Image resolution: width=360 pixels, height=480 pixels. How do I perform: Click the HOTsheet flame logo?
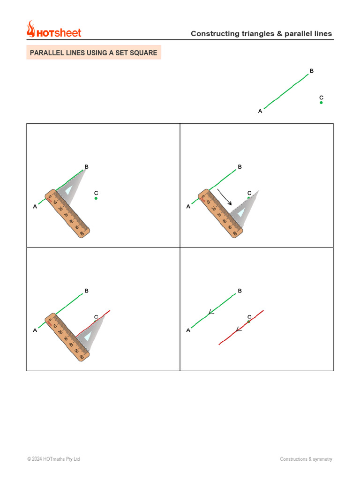pos(31,29)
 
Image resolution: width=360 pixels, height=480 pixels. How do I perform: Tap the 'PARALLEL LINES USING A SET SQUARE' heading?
pos(94,53)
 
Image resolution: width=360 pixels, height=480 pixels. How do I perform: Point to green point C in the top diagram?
pos(321,102)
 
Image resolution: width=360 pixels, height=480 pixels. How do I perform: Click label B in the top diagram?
pos(311,71)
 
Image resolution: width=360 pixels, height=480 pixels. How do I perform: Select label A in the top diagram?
pos(260,111)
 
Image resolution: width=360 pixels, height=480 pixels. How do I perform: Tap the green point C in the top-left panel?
pos(96,198)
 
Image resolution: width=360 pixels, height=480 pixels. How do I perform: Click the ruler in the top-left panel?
pos(68,213)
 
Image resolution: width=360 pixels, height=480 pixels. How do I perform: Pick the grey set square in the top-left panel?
pos(72,187)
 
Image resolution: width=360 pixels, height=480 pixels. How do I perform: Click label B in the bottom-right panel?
pos(240,291)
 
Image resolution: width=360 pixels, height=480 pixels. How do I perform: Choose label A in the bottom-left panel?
pos(35,330)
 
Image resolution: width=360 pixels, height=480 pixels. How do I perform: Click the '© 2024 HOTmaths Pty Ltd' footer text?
pos(53,459)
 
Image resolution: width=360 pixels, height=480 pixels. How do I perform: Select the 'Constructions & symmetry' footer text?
pos(306,459)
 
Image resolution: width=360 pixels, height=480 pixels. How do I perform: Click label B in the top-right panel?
pos(240,167)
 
